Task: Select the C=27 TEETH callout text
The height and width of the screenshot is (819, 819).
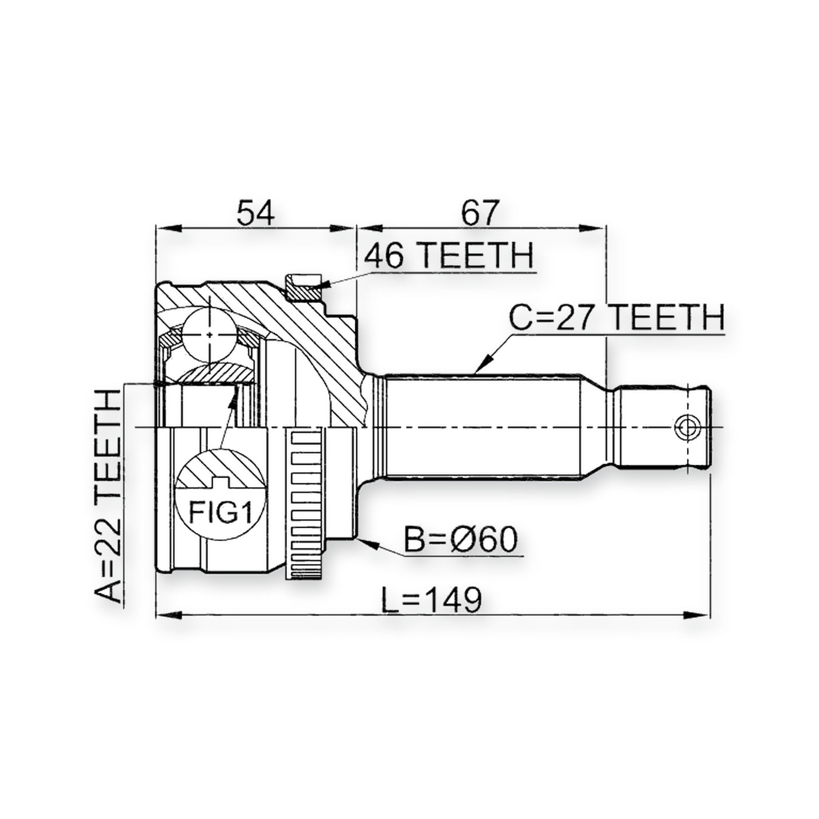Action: point(617,317)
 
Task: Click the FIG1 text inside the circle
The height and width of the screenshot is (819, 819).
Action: point(221,512)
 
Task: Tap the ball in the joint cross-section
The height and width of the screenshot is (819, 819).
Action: point(210,334)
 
